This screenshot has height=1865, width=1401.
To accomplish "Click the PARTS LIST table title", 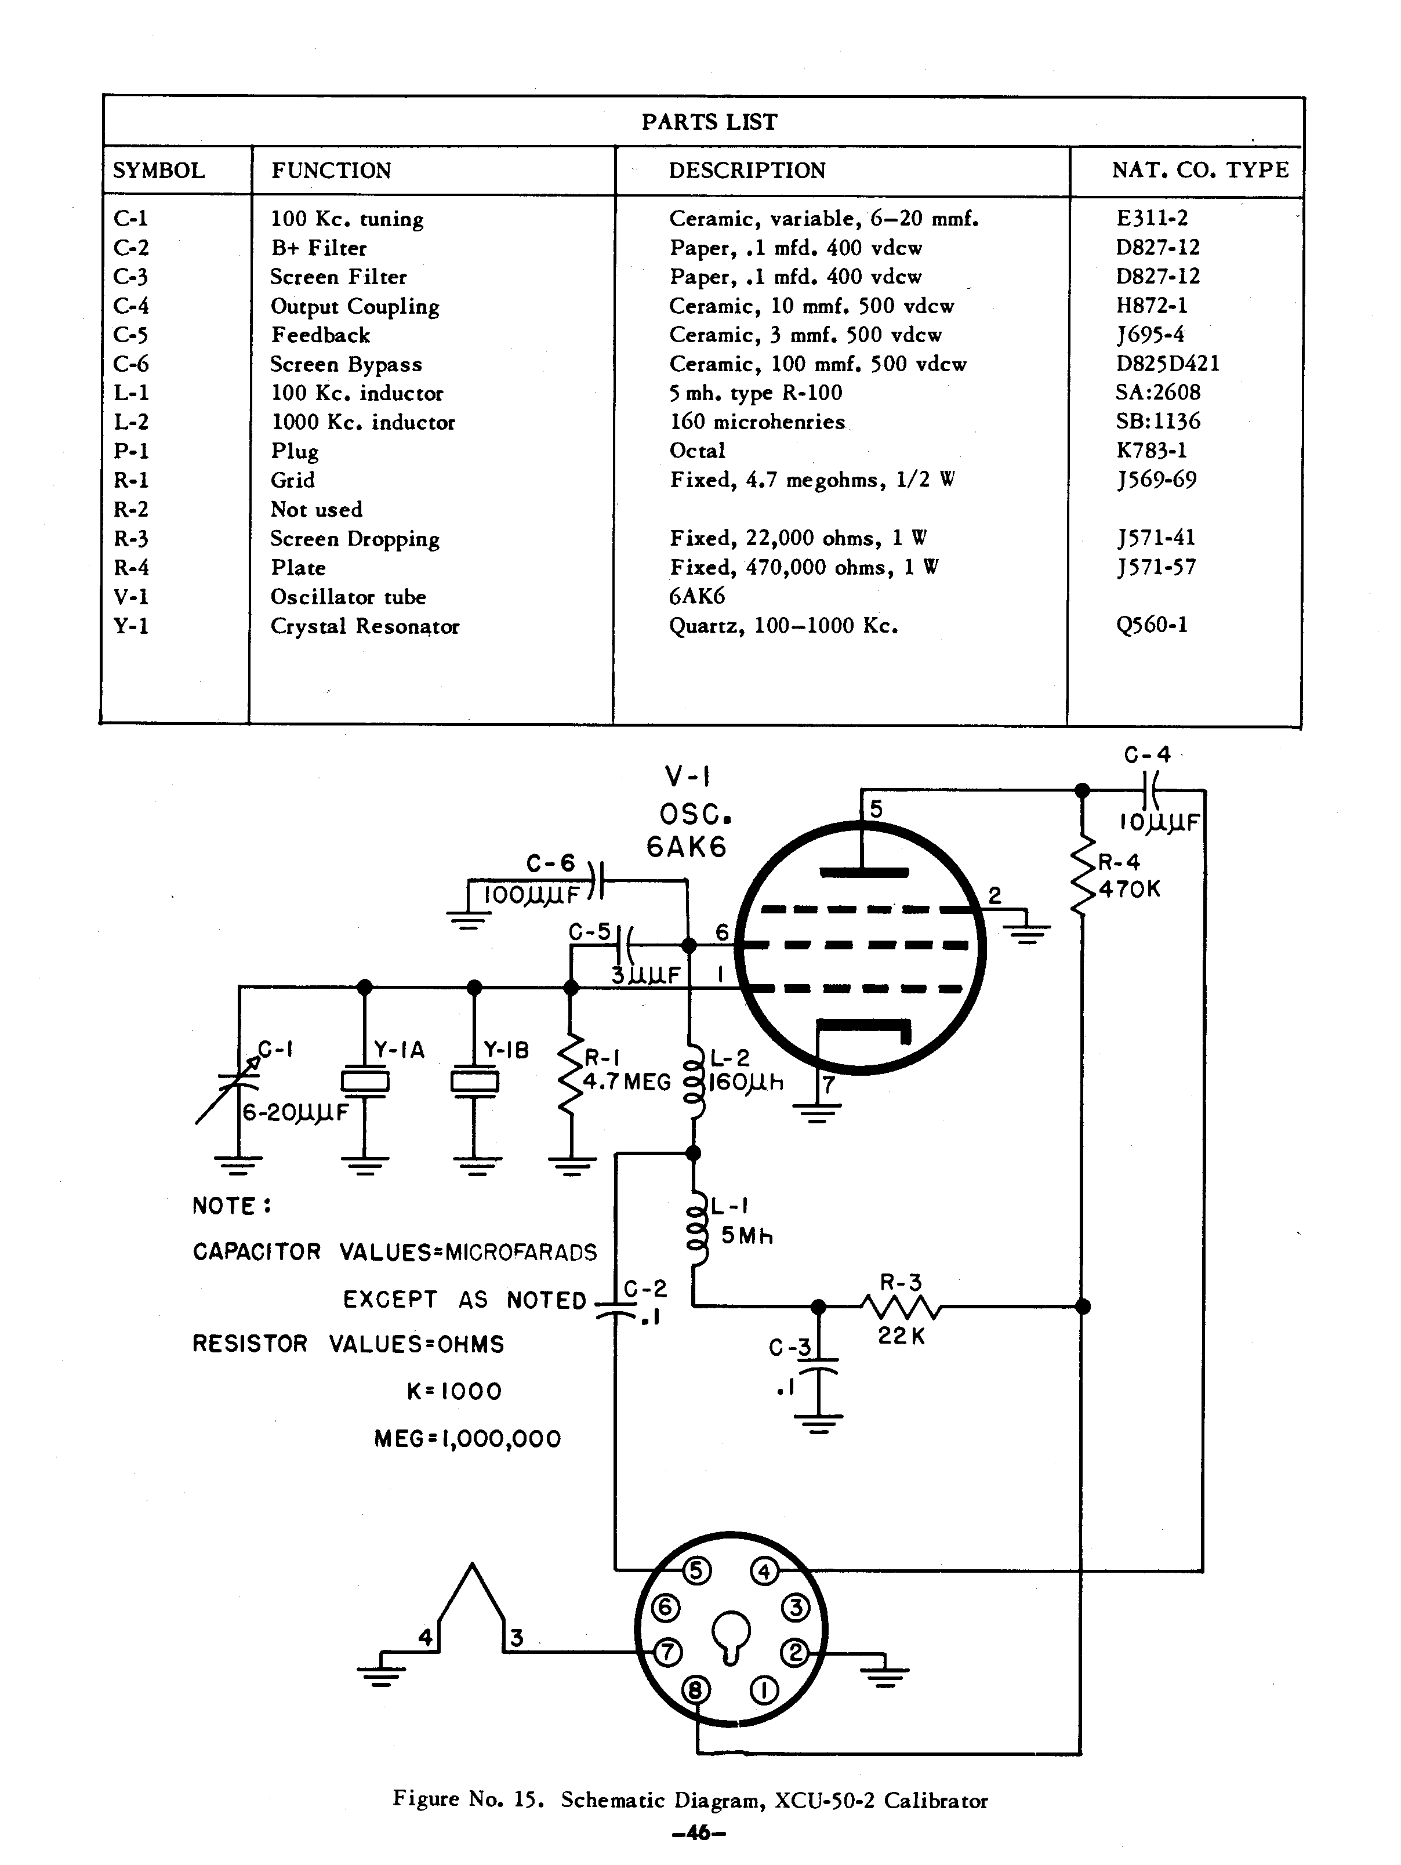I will [709, 122].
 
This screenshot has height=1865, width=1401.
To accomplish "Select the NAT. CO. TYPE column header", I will [1200, 170].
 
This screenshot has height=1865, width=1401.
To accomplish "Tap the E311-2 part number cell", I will [1152, 219].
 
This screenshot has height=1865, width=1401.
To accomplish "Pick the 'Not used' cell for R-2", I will [316, 509].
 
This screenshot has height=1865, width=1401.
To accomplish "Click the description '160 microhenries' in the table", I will [757, 422].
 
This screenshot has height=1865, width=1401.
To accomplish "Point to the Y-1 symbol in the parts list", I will [130, 626].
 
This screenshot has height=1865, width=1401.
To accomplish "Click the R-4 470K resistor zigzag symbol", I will [1083, 877].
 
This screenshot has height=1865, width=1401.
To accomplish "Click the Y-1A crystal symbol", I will [364, 1081].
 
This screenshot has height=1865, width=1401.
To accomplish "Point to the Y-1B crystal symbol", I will [474, 1081].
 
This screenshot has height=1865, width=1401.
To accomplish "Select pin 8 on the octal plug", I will [695, 1690].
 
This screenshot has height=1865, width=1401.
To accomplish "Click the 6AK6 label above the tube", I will [686, 847].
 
